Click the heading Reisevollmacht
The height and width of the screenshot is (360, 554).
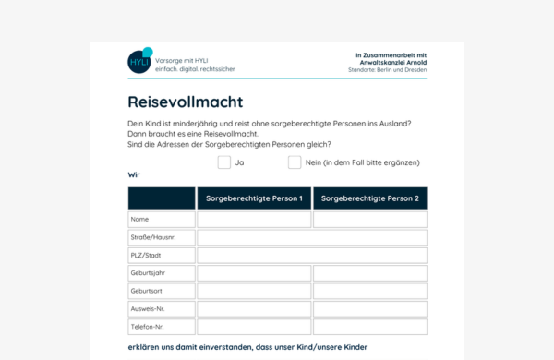(186, 102)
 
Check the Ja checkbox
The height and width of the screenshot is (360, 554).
(224, 162)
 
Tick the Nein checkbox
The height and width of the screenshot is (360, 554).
(295, 162)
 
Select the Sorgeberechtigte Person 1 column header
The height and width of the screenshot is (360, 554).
(254, 198)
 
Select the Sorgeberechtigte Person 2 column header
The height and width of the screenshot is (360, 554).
(370, 198)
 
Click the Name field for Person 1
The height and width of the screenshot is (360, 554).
(254, 220)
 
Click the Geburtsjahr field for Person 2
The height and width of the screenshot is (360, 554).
(370, 273)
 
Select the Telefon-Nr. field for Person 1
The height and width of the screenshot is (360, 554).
(254, 327)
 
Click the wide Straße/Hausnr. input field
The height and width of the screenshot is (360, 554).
(312, 237)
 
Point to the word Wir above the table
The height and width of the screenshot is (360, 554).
(135, 174)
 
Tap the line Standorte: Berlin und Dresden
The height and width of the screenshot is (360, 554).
(387, 71)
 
